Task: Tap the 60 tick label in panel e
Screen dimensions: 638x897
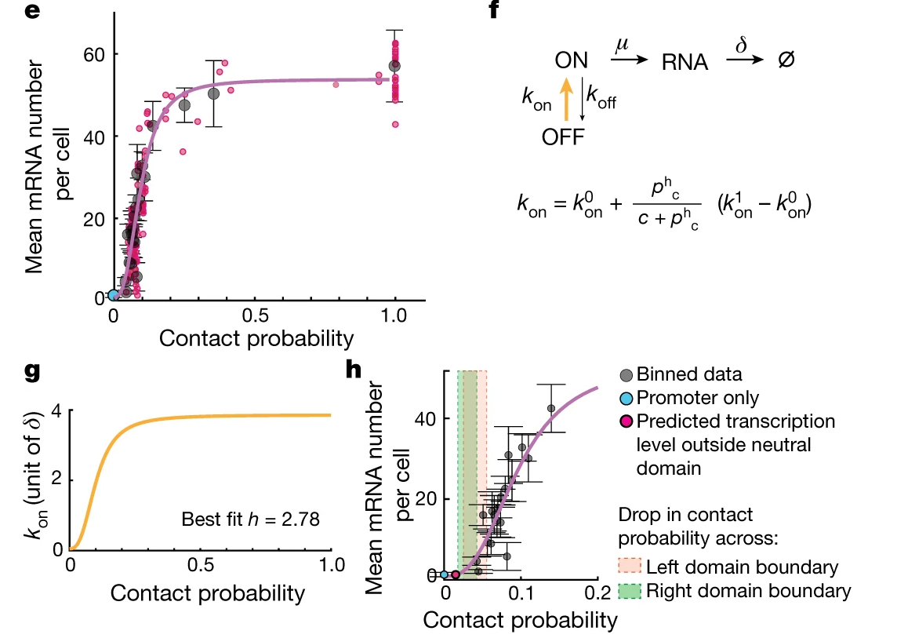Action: [96, 54]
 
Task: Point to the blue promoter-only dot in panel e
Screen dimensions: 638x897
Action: [114, 294]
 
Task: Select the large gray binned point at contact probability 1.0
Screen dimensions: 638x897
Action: [394, 65]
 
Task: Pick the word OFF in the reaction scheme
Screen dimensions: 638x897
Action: [563, 137]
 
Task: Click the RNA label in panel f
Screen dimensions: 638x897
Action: [685, 63]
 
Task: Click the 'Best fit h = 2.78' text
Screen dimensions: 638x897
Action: [250, 520]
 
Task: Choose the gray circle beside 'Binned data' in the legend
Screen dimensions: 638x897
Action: [626, 375]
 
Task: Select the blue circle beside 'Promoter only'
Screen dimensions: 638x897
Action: [626, 399]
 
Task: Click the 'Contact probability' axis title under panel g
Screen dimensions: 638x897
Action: [207, 593]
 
